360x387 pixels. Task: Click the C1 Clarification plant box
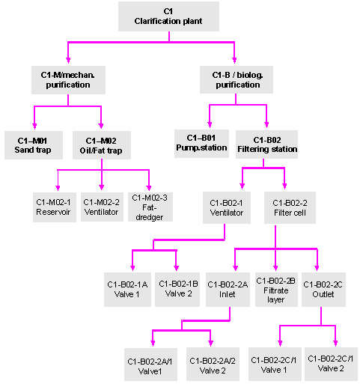coord(168,16)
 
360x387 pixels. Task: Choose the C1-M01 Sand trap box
coord(31,144)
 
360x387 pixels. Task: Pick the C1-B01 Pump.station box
coord(200,143)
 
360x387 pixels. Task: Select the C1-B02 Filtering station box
coord(267,144)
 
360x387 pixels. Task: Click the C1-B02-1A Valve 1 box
coord(127,290)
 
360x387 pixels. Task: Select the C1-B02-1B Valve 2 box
coord(177,290)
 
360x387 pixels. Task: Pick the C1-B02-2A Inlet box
coord(228,290)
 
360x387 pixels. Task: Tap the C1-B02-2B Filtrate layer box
coord(276,290)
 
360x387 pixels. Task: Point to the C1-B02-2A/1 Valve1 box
coord(153,365)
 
